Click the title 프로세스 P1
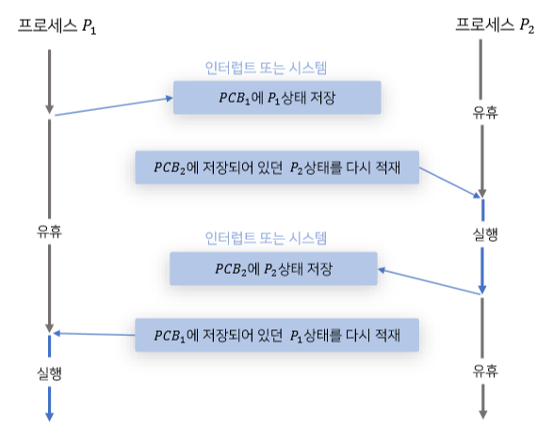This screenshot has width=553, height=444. coord(57,26)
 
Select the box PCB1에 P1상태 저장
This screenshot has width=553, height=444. coord(276,98)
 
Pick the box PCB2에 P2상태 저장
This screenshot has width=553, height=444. coord(273,268)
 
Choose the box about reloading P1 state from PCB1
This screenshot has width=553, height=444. coord(277,335)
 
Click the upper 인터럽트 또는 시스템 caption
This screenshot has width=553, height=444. coord(272,68)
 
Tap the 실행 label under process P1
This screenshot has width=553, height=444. coord(47,373)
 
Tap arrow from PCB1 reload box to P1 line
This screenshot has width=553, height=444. coord(94,334)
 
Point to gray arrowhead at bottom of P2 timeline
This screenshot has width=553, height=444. coord(483,413)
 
